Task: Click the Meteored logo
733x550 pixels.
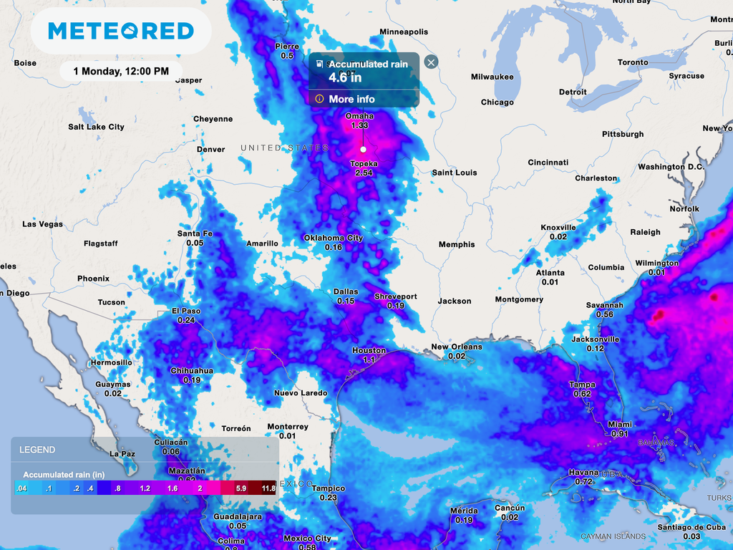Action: (121, 31)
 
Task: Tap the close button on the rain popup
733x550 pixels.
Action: (431, 62)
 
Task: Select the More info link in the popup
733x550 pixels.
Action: (351, 99)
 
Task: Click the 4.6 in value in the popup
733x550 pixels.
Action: (345, 77)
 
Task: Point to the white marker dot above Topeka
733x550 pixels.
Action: (363, 149)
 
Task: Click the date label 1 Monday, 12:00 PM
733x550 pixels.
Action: (121, 71)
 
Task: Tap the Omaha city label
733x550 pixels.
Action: (359, 116)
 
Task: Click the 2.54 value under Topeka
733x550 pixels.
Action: (363, 173)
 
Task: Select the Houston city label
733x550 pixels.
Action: (369, 350)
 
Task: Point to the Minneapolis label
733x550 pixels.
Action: (404, 32)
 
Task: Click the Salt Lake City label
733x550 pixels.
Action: (96, 127)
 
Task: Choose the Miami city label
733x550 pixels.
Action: (620, 424)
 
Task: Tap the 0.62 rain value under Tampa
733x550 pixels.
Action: (582, 394)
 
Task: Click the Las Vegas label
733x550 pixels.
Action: (42, 224)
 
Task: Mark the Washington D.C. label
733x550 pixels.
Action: (671, 167)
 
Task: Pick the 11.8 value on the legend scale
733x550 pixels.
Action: (268, 488)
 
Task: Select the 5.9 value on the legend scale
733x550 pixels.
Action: (241, 488)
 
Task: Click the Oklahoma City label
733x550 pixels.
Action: (333, 238)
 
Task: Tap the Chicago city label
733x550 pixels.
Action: (497, 102)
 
